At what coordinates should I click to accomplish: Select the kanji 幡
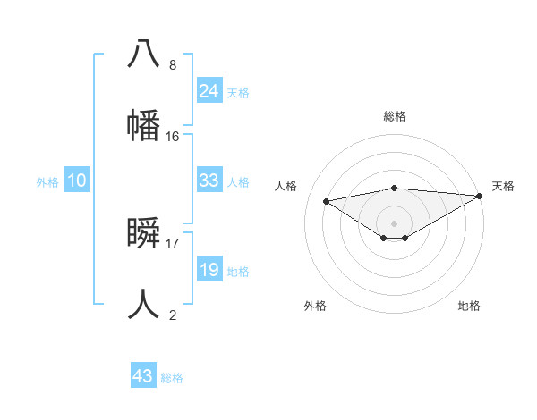(x=143, y=124)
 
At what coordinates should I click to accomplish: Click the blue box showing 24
(x=209, y=90)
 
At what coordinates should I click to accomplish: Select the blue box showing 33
(x=209, y=181)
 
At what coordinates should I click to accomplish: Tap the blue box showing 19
(x=209, y=270)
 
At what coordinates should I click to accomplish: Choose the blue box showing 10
(x=77, y=181)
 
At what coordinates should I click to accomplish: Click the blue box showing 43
(x=143, y=376)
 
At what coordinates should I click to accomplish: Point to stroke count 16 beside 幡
(x=173, y=137)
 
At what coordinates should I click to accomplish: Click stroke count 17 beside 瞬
(x=173, y=243)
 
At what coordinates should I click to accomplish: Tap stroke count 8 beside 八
(x=173, y=65)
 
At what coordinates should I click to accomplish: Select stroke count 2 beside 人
(x=173, y=315)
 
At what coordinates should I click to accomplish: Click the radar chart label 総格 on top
(x=394, y=116)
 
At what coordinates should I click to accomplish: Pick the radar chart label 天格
(x=503, y=186)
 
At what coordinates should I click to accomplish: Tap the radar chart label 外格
(x=315, y=306)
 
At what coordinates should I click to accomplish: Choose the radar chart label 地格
(x=469, y=306)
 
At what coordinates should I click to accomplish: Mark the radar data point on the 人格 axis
(x=327, y=200)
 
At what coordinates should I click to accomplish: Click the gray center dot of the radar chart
(x=394, y=223)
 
